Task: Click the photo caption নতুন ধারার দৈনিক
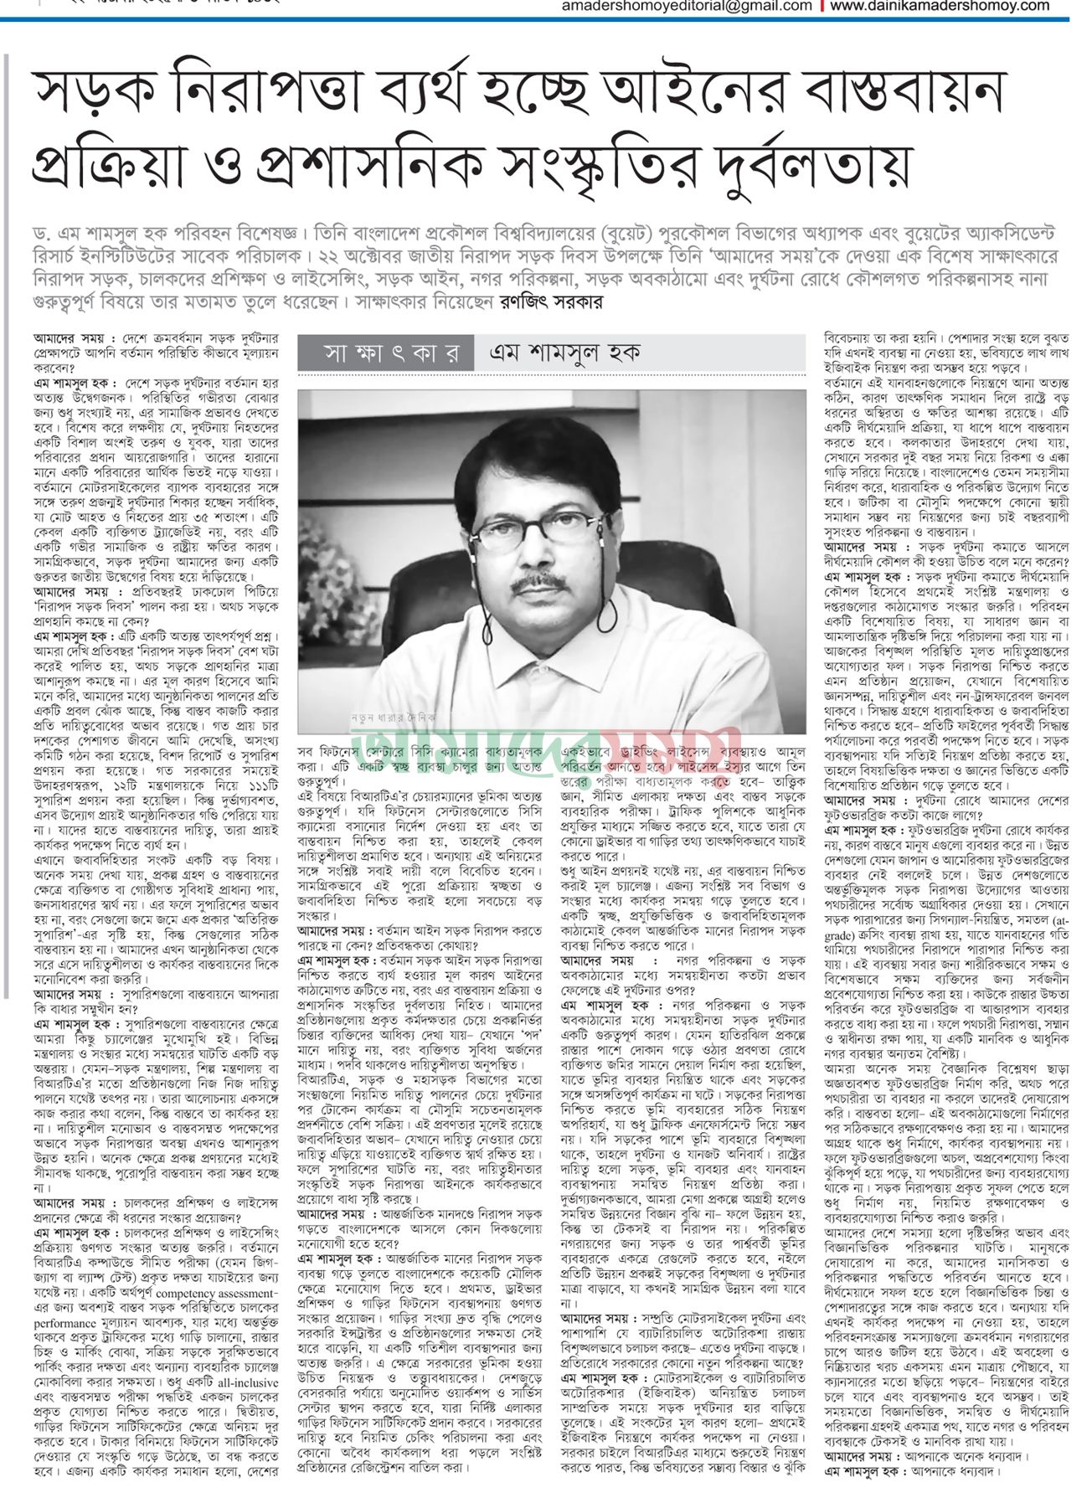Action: coord(394,717)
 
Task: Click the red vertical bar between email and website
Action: coord(822,6)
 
